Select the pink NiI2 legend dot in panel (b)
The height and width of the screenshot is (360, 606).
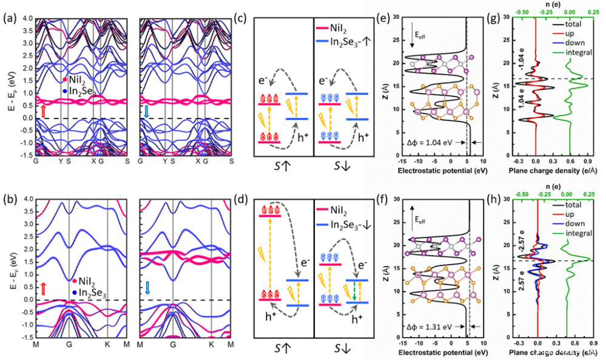(74, 280)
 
